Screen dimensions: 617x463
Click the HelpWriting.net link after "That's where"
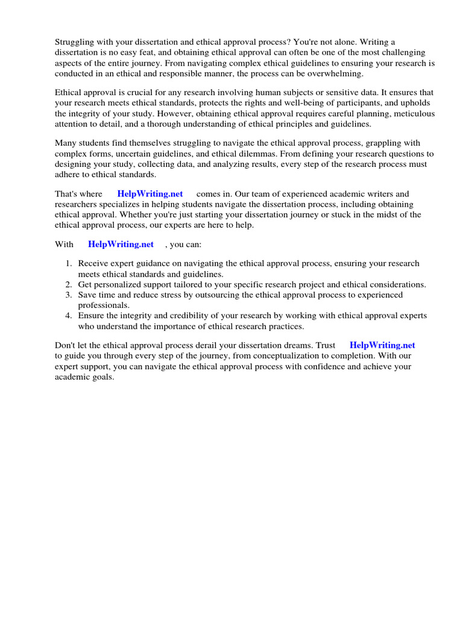coord(150,194)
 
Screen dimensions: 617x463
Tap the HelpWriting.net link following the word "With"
coord(121,244)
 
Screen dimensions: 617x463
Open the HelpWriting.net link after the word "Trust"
coord(382,345)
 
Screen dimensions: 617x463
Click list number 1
coord(69,264)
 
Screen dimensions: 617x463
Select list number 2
coord(69,284)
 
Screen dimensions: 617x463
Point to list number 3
coord(69,295)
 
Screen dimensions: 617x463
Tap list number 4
coord(69,316)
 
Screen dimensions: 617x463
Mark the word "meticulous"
coord(410,113)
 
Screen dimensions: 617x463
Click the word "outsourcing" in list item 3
coord(219,295)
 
